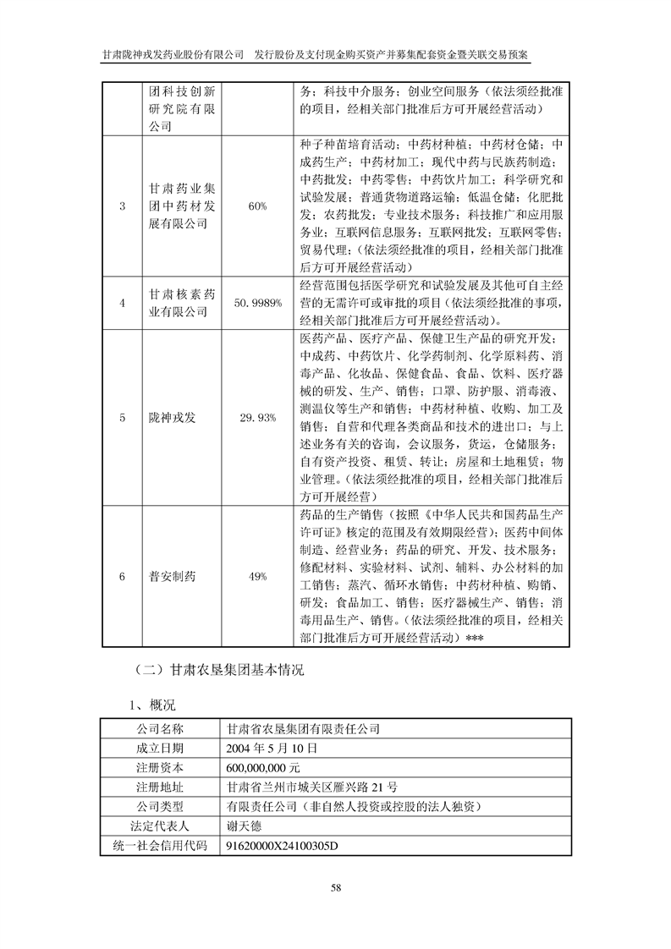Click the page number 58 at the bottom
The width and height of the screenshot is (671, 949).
click(335, 887)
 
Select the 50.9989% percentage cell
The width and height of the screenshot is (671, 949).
click(257, 303)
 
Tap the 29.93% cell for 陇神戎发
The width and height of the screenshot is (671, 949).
click(257, 418)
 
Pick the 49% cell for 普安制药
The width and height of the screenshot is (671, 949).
click(257, 576)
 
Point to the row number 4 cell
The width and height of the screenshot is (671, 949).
click(123, 303)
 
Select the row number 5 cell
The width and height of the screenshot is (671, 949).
click(123, 418)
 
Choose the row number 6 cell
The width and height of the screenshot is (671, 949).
click(123, 576)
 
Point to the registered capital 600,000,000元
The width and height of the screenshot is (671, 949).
click(263, 767)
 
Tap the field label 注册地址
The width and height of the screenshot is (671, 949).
click(159, 787)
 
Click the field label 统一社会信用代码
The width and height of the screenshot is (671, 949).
click(159, 845)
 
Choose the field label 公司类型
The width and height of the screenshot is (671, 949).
click(159, 806)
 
